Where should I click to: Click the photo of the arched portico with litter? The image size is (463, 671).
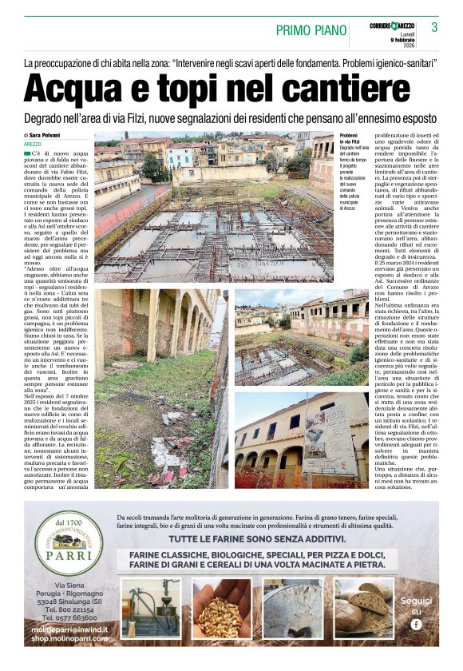pos(156,387)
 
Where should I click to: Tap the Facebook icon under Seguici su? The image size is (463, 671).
pos(416,624)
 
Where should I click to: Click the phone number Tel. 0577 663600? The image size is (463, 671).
pos(69,618)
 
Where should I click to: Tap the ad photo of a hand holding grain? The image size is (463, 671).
pos(223,609)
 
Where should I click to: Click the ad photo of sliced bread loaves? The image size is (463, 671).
pos(363,609)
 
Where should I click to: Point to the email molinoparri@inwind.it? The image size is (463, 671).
pos(69,629)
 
